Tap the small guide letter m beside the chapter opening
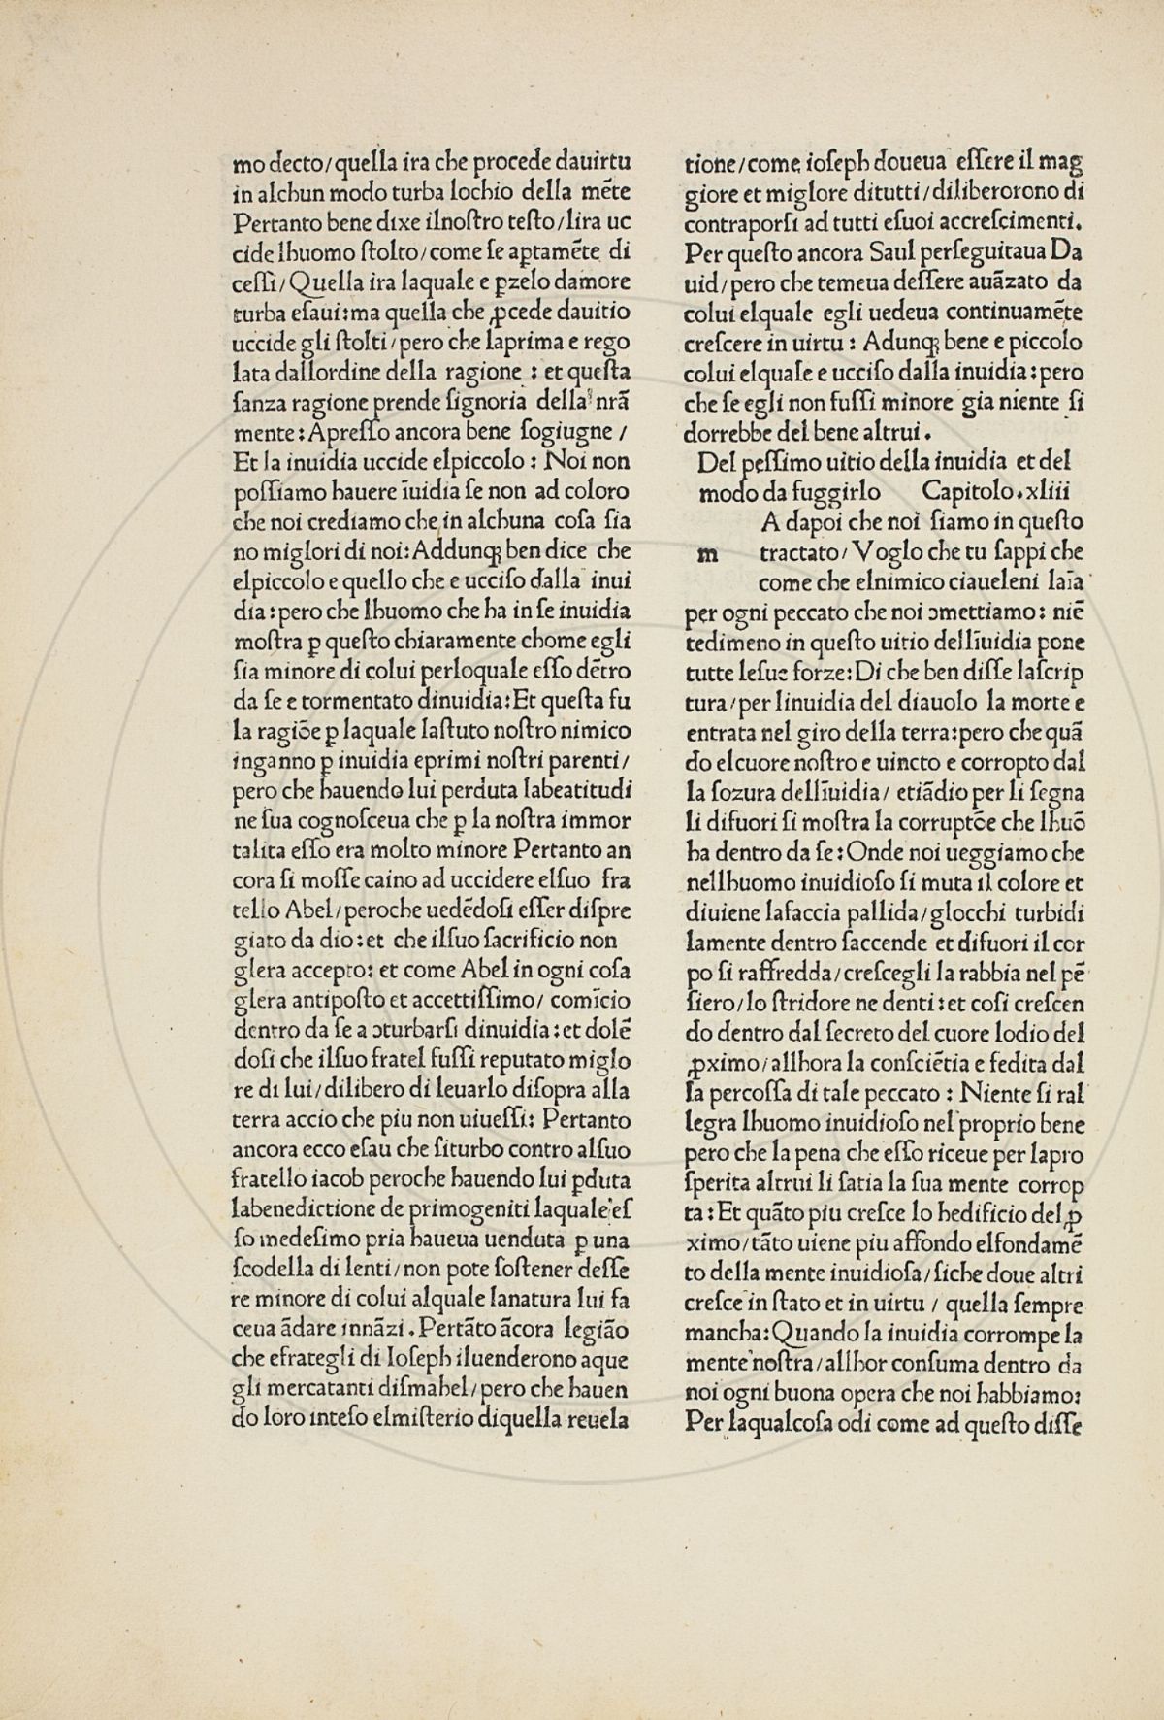coord(709,554)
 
